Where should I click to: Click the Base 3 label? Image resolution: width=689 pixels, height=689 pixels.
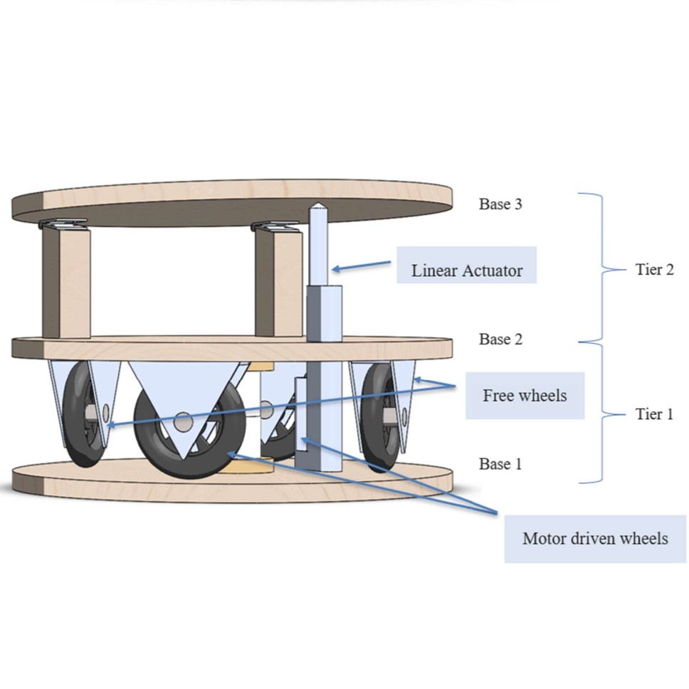point(500,204)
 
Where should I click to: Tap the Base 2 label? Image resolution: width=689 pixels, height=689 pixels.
point(500,340)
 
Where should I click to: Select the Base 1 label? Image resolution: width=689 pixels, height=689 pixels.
point(500,464)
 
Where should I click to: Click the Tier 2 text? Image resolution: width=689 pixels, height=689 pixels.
point(654,270)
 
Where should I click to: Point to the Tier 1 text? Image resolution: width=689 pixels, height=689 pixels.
point(654,414)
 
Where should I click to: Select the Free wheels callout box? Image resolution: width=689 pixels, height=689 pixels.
point(525,396)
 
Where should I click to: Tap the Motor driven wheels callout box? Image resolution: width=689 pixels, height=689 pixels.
point(595,538)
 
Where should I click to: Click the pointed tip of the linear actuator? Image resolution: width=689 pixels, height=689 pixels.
point(318,208)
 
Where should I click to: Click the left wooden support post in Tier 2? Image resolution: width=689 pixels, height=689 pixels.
point(65,283)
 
